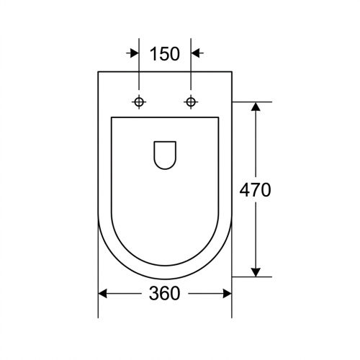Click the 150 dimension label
click(x=165, y=53)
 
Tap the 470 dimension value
click(x=255, y=189)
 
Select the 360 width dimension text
click(x=164, y=293)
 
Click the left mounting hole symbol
click(x=139, y=102)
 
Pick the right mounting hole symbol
click(x=191, y=102)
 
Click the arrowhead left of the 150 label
click(x=134, y=53)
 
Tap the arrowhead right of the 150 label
click(x=196, y=53)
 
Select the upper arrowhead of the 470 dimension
click(x=256, y=107)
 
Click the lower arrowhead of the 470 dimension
click(x=256, y=272)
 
